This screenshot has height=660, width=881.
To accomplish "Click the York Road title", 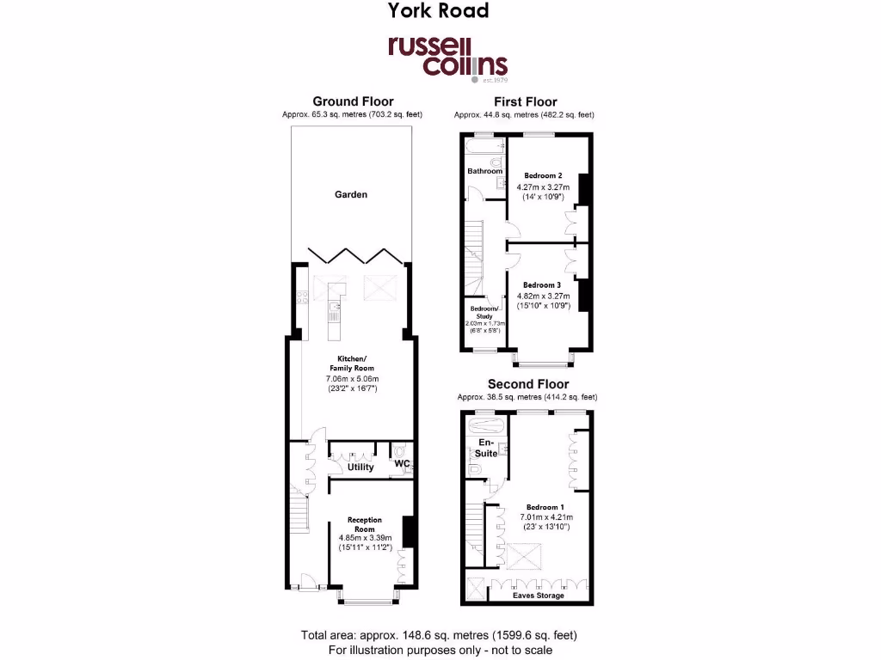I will click(x=438, y=11).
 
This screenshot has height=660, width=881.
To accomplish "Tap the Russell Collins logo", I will click(x=447, y=58).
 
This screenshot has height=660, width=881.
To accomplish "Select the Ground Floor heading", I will click(x=353, y=101).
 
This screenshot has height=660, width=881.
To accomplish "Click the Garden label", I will click(x=351, y=194).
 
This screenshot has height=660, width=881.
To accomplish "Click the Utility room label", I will click(x=360, y=467).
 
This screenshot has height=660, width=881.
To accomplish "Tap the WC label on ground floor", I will click(x=401, y=464).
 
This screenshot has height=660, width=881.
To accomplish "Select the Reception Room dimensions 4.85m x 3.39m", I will click(x=365, y=539).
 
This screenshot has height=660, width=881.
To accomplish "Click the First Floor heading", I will click(x=525, y=101).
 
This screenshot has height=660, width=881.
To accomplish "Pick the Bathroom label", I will click(x=484, y=171).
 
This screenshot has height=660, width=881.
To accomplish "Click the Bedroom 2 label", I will click(x=543, y=175).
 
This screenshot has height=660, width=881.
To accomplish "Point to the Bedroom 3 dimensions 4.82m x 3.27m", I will click(x=543, y=296).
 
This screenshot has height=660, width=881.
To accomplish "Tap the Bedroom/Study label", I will click(x=483, y=312).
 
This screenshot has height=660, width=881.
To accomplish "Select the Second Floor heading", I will click(x=527, y=384).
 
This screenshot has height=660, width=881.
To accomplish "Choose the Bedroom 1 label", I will click(x=543, y=507).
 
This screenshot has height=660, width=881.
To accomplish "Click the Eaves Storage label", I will click(x=539, y=595).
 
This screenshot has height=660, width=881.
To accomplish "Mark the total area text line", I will click(x=439, y=635).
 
